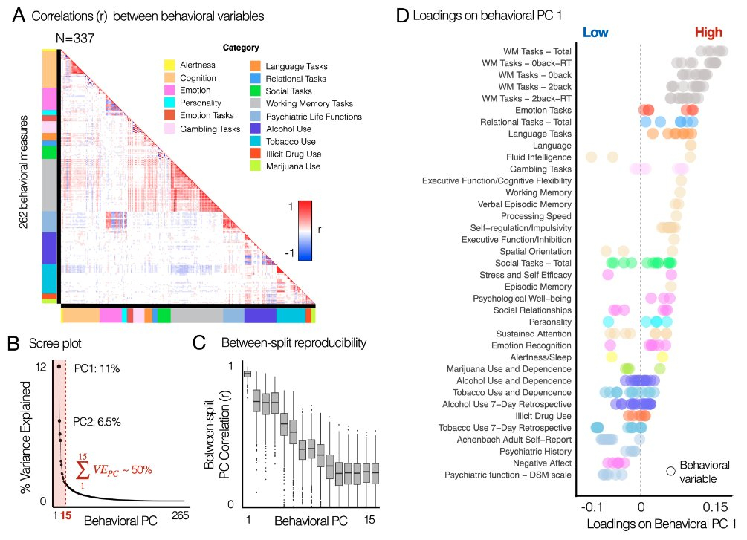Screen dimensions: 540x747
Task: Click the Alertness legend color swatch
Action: tap(169, 65)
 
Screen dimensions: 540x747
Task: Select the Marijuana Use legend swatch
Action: tap(255, 166)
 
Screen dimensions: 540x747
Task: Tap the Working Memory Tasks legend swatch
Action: tap(255, 103)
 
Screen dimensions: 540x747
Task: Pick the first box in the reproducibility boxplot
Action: tap(248, 374)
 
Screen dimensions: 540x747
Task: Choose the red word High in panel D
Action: tap(708, 32)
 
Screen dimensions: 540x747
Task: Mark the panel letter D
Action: tap(402, 15)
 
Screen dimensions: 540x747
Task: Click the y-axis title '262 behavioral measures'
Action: tap(25, 172)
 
